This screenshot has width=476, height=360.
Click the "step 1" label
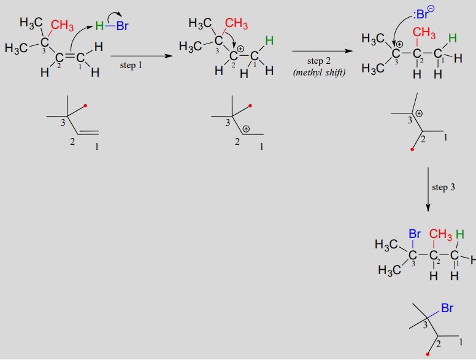pyautogui.click(x=131, y=65)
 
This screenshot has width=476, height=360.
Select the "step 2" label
pyautogui.click(x=319, y=61)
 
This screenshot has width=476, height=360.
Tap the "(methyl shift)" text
pyautogui.click(x=320, y=73)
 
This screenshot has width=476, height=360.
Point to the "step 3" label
pyautogui.click(x=443, y=187)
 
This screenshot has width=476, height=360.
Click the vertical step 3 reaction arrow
pyautogui.click(x=428, y=190)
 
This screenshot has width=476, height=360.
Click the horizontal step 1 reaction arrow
pyautogui.click(x=142, y=56)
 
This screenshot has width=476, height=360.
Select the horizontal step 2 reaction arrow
pyautogui.click(x=323, y=51)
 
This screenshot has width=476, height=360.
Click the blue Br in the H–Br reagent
pyautogui.click(x=122, y=26)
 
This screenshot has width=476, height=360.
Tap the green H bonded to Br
pyautogui.click(x=99, y=26)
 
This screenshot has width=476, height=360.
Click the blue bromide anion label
pyautogui.click(x=424, y=13)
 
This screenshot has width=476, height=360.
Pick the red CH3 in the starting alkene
pyautogui.click(x=62, y=26)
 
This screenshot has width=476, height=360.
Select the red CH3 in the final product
pyautogui.click(x=441, y=234)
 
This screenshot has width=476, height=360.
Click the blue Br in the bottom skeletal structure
pyautogui.click(x=447, y=308)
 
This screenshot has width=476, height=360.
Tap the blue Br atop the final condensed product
pyautogui.click(x=415, y=234)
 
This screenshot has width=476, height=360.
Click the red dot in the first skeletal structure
pyautogui.click(x=85, y=105)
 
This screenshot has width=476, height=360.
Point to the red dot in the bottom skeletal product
pyautogui.click(x=428, y=354)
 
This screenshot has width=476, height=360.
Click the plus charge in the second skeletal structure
pyautogui.click(x=246, y=129)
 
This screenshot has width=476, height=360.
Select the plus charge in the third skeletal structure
pyautogui.click(x=419, y=114)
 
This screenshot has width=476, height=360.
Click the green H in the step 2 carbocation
pyautogui.click(x=269, y=40)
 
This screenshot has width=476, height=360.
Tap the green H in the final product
pyautogui.click(x=460, y=234)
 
